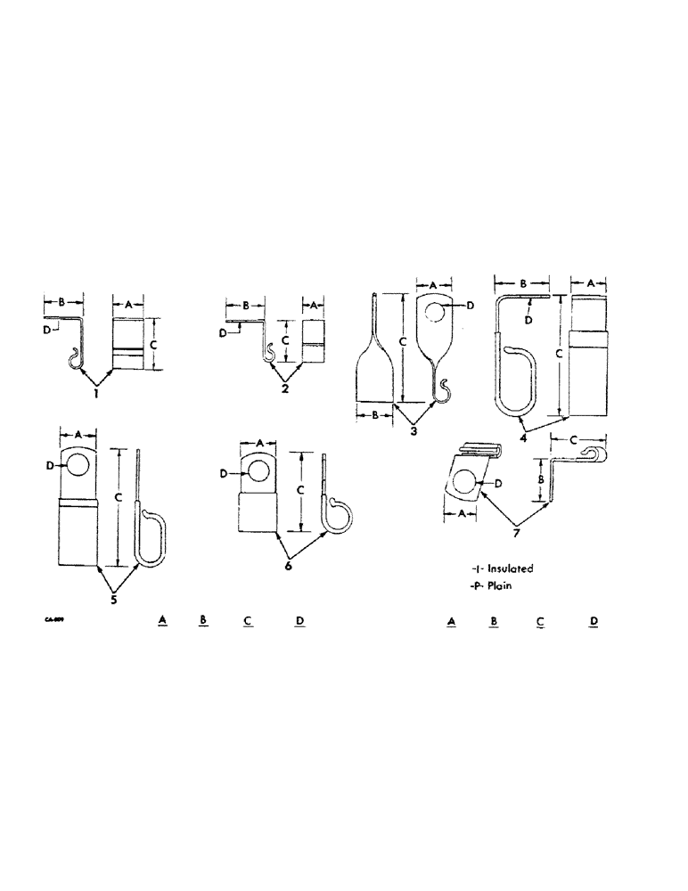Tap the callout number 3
tap(414, 431)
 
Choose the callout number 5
tap(114, 599)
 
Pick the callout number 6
tap(287, 566)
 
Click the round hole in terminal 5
tap(77, 466)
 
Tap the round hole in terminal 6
tap(259, 469)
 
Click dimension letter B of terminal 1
tap(62, 304)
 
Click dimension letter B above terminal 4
tap(523, 283)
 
